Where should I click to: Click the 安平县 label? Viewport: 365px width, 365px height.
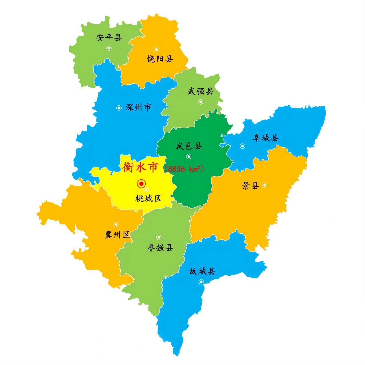[x=109, y=37]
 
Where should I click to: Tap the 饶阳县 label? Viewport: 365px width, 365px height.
[x=160, y=59]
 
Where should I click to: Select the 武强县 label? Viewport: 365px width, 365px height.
[x=201, y=92]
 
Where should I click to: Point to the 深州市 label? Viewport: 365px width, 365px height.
[x=138, y=108]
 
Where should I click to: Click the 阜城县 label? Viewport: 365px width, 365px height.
[x=265, y=138]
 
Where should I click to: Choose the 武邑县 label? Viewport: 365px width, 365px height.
[x=189, y=146]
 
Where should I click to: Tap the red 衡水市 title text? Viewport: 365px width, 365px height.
[x=140, y=167]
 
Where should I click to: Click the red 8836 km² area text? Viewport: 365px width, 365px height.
[x=184, y=169]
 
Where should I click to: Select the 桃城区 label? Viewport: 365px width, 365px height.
[x=148, y=198]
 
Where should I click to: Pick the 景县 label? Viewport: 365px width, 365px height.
[x=250, y=186]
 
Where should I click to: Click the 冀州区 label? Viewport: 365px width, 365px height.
[x=117, y=235]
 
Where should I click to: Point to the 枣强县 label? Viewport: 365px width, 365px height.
[x=160, y=248]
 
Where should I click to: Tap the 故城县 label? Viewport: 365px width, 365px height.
[x=202, y=271]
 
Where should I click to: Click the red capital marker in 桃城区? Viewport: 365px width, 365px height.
[x=141, y=184]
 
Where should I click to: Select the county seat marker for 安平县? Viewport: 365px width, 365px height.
[x=109, y=48]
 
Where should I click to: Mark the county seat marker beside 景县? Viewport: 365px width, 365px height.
[x=265, y=185]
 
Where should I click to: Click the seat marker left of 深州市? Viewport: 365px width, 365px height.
[x=119, y=108]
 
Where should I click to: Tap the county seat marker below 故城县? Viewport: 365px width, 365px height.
[x=201, y=282]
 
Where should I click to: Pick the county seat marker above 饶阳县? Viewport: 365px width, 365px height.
[x=156, y=49]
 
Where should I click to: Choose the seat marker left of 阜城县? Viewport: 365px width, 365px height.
[x=242, y=146]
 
